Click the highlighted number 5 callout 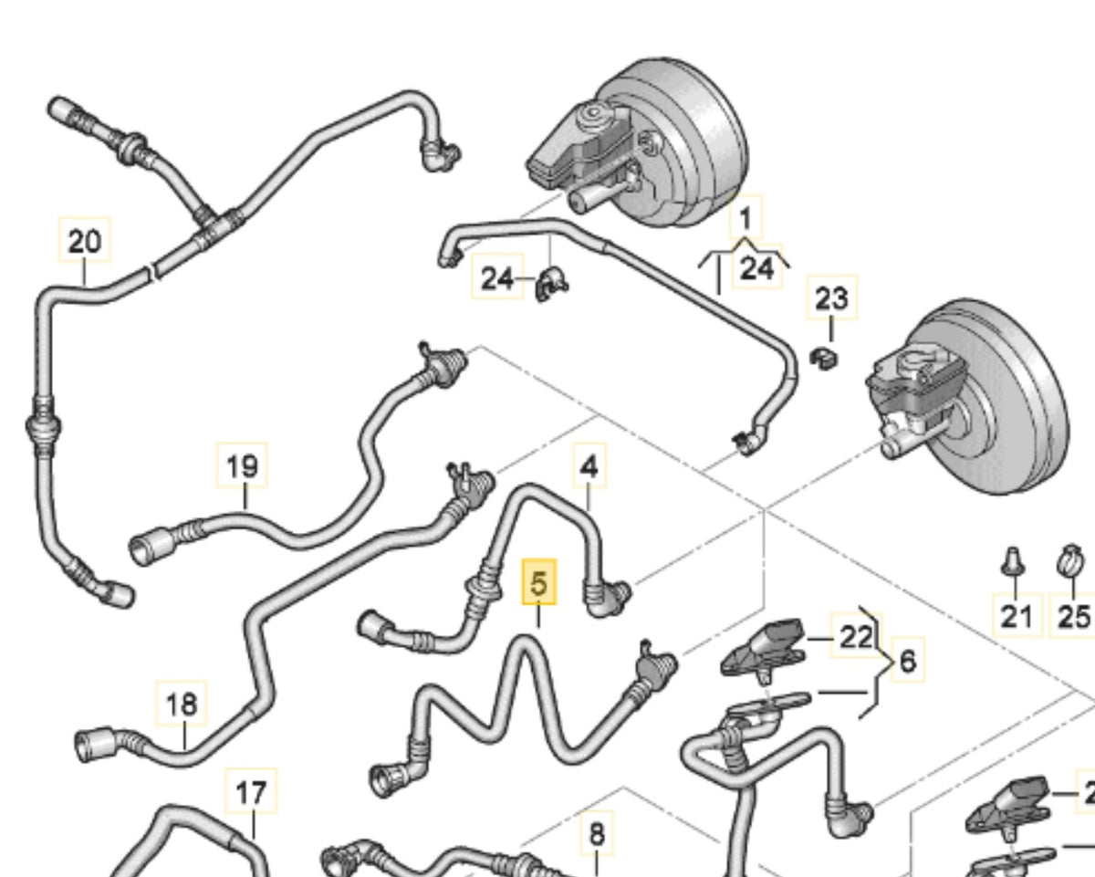(x=538, y=583)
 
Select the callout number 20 (x=84, y=242)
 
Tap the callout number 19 (x=243, y=467)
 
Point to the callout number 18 (x=182, y=705)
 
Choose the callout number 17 (x=252, y=793)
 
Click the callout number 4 (x=589, y=468)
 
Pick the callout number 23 (x=831, y=298)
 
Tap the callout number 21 (x=1017, y=616)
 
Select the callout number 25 (x=1073, y=616)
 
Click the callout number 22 (x=856, y=636)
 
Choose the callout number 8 (x=596, y=833)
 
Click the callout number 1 (x=747, y=219)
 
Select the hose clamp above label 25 (x=1070, y=559)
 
